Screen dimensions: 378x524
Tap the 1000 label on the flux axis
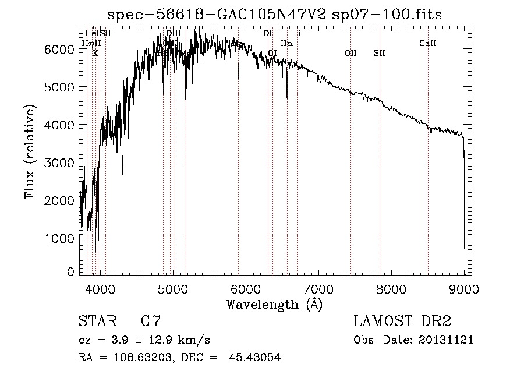tap(61, 238)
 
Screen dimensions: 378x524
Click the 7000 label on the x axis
tap(318, 288)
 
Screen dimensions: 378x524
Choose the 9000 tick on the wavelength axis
tap(464, 288)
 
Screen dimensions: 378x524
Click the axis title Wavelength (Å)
tap(274, 304)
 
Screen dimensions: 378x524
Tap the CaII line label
tap(428, 43)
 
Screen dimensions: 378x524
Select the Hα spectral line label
tap(286, 43)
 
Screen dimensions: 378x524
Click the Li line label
tap(297, 33)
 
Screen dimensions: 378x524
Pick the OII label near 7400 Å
tap(350, 53)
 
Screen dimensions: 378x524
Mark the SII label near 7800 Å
tap(380, 53)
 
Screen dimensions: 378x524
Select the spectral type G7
tap(150, 322)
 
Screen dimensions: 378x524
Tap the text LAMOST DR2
tap(402, 322)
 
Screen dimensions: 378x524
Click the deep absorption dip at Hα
tap(287, 96)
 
